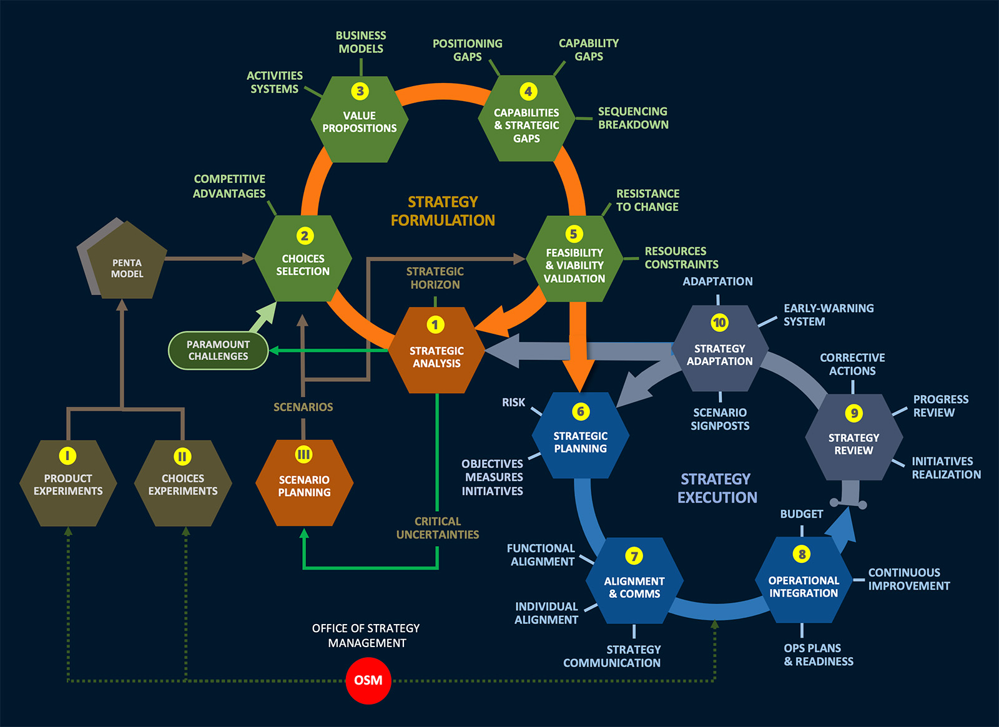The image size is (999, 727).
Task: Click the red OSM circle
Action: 368,680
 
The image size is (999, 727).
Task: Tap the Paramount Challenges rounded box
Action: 218,350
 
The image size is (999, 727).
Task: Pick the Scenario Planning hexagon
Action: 304,484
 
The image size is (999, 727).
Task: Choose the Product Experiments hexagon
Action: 68,484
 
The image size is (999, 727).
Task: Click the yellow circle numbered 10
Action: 719,323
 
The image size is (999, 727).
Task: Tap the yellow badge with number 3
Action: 360,91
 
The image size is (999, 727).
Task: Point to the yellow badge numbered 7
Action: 634,556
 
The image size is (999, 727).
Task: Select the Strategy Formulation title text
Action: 443,211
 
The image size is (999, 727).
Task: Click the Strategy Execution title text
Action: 717,488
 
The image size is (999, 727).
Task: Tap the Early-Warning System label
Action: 828,315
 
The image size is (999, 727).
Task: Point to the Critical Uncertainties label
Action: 438,528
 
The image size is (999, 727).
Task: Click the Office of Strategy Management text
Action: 367,635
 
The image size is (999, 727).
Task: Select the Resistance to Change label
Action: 647,200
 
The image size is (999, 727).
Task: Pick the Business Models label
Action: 361,42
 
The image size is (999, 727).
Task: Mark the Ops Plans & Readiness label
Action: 818,655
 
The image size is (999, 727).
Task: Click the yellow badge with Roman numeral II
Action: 182,456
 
